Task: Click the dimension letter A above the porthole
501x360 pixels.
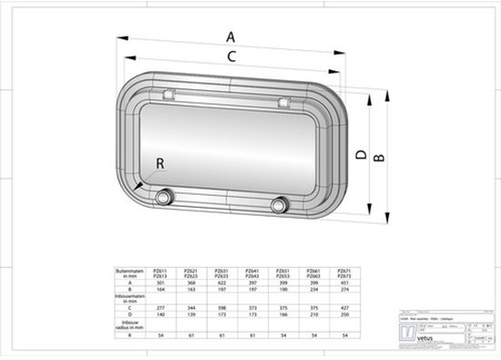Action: [230, 36]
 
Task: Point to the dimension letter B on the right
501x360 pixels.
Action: [380, 156]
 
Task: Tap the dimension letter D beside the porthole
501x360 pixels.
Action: [361, 156]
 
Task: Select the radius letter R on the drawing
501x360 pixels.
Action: [160, 164]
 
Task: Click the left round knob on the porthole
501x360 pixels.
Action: [164, 198]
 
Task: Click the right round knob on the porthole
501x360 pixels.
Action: [280, 203]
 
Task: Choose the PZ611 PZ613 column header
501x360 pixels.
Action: [160, 273]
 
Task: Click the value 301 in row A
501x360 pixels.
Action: [160, 283]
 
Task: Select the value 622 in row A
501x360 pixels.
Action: [221, 283]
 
